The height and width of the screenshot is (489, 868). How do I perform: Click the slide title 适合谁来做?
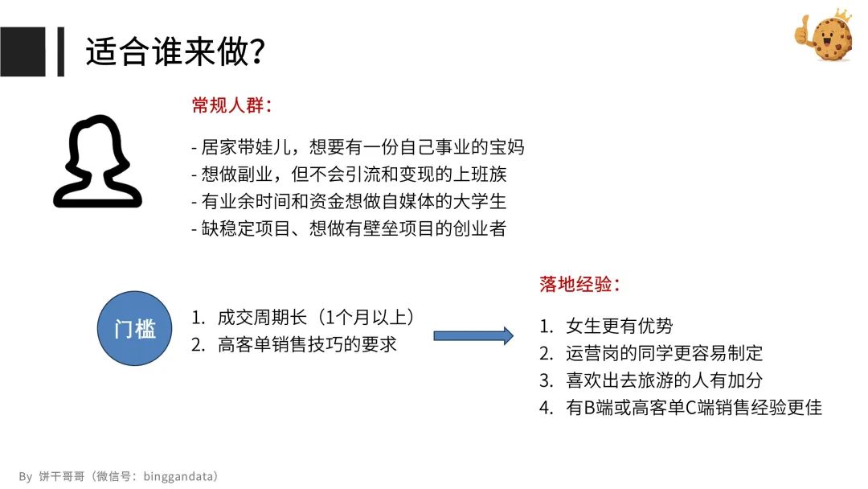(x=175, y=51)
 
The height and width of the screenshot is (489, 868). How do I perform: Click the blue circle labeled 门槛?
(x=134, y=328)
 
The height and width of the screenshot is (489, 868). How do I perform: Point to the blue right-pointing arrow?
(x=473, y=335)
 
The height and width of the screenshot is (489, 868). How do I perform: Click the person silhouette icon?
(x=97, y=161)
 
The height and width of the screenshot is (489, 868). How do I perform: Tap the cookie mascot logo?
(x=825, y=35)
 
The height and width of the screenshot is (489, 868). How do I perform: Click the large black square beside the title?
(x=23, y=51)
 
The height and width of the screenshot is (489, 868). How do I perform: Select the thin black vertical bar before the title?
(x=61, y=51)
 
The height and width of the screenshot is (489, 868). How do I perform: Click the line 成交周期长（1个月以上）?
(x=316, y=318)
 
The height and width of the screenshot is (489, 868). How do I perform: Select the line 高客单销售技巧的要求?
(x=307, y=344)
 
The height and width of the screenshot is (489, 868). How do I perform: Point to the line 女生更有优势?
(x=619, y=326)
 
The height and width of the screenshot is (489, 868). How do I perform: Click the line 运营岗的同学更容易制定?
(x=664, y=353)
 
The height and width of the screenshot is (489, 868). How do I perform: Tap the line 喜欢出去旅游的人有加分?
(x=664, y=380)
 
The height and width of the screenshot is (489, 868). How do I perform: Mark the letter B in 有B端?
(x=589, y=408)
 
